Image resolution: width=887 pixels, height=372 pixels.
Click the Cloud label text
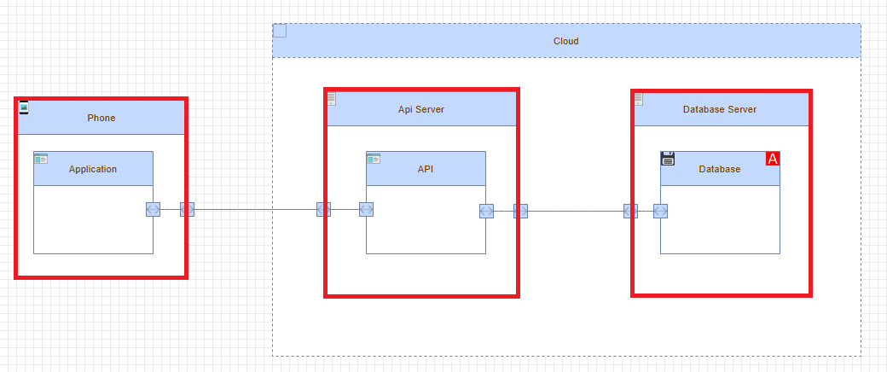566,41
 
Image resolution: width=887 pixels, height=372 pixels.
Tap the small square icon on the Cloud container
280,31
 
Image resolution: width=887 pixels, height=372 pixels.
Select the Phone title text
101,118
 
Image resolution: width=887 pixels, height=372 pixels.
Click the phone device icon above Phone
24,108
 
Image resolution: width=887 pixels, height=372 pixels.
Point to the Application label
93,169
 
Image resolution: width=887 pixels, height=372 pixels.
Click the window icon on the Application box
41,159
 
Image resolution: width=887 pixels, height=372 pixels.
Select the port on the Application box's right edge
153,210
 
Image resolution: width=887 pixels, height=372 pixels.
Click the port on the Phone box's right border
187,210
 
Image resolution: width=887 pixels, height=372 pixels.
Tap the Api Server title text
420,109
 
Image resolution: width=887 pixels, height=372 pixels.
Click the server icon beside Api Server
332,100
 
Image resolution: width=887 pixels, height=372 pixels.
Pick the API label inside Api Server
426,169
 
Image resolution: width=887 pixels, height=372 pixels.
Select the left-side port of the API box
367,210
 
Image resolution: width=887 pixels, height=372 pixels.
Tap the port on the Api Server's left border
324,210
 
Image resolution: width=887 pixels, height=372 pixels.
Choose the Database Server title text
719,109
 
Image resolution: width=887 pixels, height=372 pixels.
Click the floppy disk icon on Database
668,159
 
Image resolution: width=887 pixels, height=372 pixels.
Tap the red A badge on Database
773,159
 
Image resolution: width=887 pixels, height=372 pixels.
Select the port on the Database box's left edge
660,211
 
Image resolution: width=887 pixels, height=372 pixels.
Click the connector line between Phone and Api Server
256,210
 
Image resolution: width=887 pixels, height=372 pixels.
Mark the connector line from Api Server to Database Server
576,211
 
